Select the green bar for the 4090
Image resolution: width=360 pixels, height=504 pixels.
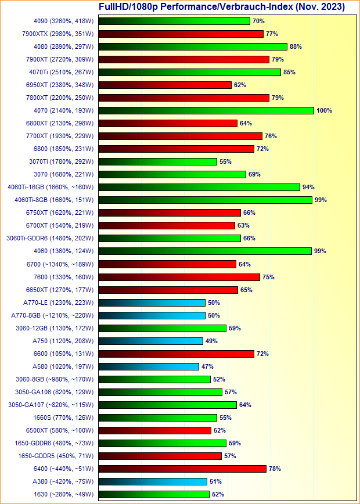pos(174,21)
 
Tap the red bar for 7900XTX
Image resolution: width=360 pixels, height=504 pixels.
pos(181,34)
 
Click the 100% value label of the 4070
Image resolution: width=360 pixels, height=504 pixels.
pos(324,110)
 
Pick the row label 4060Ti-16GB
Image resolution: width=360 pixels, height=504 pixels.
pos(51,187)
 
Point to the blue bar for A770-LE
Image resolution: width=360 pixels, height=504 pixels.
pos(152,303)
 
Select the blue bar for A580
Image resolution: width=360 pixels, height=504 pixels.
pos(149,366)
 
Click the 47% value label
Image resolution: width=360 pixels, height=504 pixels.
pos(207,366)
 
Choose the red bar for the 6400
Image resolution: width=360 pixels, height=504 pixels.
pos(182,469)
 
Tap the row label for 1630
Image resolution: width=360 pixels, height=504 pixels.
pos(66,494)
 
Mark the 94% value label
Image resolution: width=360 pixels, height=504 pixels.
pos(308,187)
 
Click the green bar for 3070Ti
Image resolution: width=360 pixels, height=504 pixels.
pos(158,161)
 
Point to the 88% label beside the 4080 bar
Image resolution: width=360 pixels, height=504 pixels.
pos(296,46)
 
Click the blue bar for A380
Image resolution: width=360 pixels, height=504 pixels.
pos(153,481)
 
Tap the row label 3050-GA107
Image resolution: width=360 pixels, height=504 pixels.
pos(51,405)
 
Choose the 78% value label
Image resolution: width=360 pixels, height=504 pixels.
pos(275,469)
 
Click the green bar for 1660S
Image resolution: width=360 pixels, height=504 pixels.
pos(158,417)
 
